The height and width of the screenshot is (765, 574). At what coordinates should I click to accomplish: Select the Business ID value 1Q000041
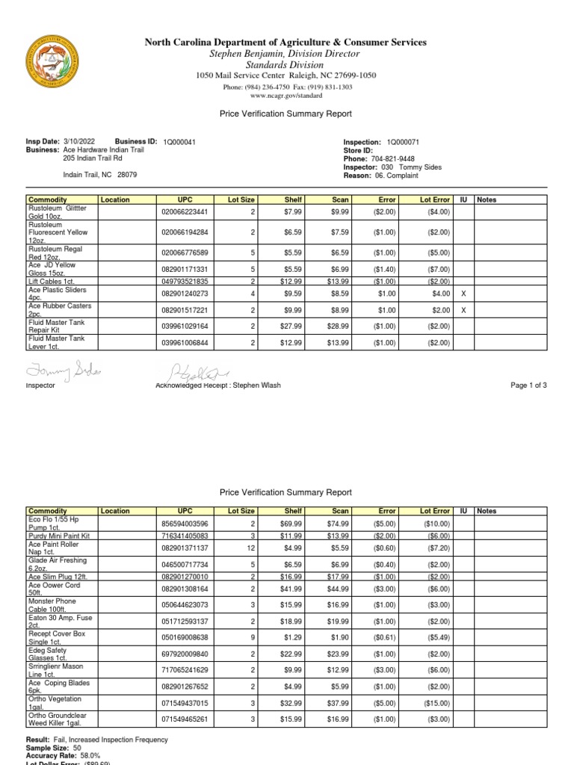coord(179,142)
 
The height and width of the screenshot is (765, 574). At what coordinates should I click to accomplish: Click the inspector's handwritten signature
coord(64,371)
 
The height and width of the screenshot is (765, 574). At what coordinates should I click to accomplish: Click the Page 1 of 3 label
coord(527,385)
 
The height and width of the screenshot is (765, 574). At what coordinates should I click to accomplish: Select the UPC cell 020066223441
coord(185,212)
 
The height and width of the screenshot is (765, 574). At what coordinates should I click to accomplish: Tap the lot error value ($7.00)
coord(438,269)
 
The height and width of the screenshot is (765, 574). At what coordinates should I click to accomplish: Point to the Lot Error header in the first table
coord(435,200)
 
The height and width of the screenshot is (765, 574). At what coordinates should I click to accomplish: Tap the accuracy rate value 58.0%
coord(96,755)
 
